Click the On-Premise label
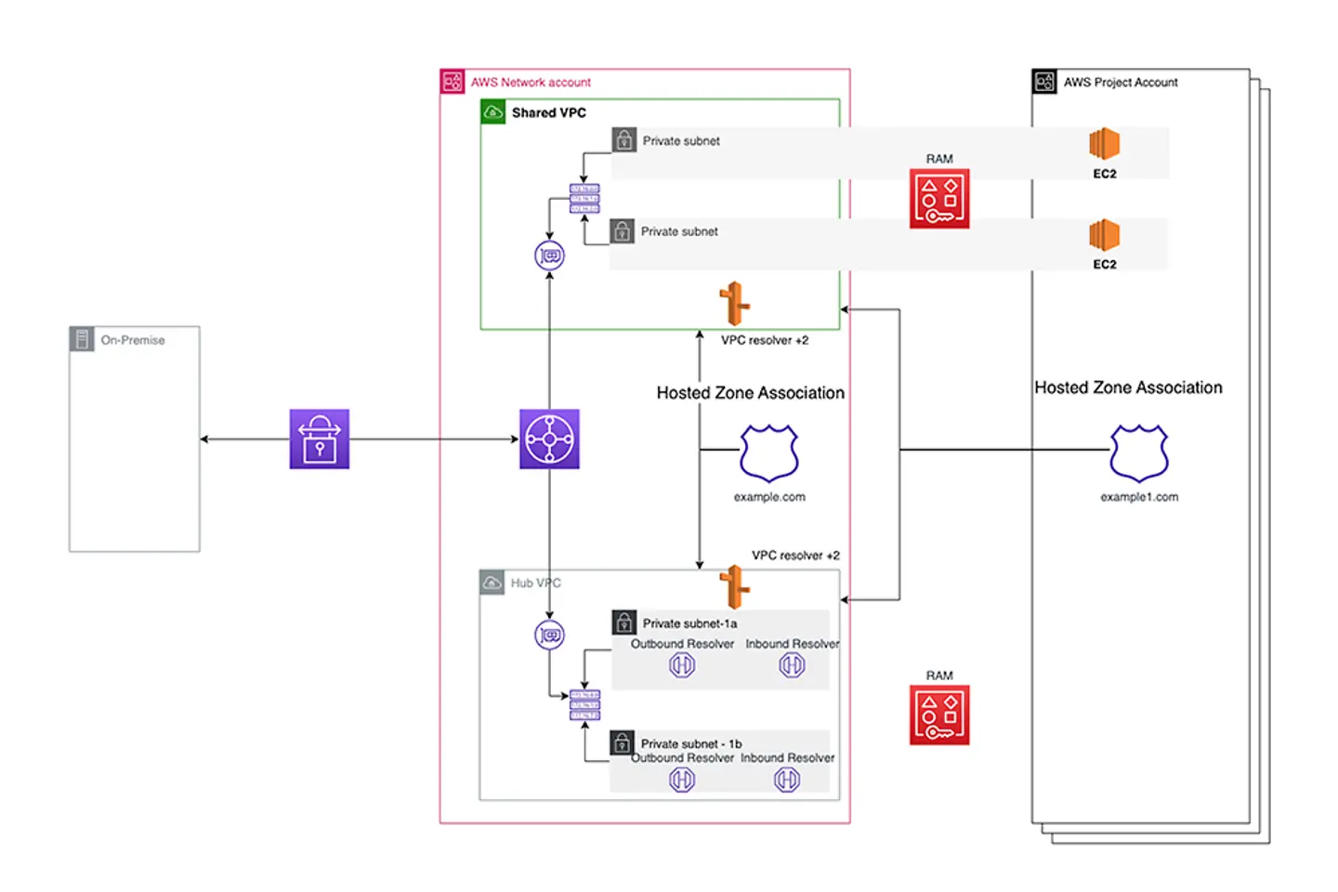click(x=132, y=340)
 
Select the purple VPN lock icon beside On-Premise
click(x=319, y=439)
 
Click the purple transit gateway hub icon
click(x=549, y=439)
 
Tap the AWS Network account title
click(x=530, y=82)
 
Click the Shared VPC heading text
click(x=548, y=112)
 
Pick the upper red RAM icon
click(x=939, y=198)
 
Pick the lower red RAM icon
click(x=939, y=715)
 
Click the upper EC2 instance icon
click(x=1104, y=144)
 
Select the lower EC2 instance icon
click(x=1104, y=235)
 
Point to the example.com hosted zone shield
click(x=769, y=453)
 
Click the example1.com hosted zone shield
click(x=1139, y=453)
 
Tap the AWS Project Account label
click(x=1120, y=82)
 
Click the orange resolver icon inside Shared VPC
click(x=734, y=304)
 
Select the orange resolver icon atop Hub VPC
click(x=734, y=585)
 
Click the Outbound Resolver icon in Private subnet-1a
click(x=682, y=665)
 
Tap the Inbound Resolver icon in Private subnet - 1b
click(x=787, y=780)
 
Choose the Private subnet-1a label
click(x=689, y=623)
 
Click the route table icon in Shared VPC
click(x=584, y=199)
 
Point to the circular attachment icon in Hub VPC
click(x=549, y=636)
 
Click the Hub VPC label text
click(x=535, y=583)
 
